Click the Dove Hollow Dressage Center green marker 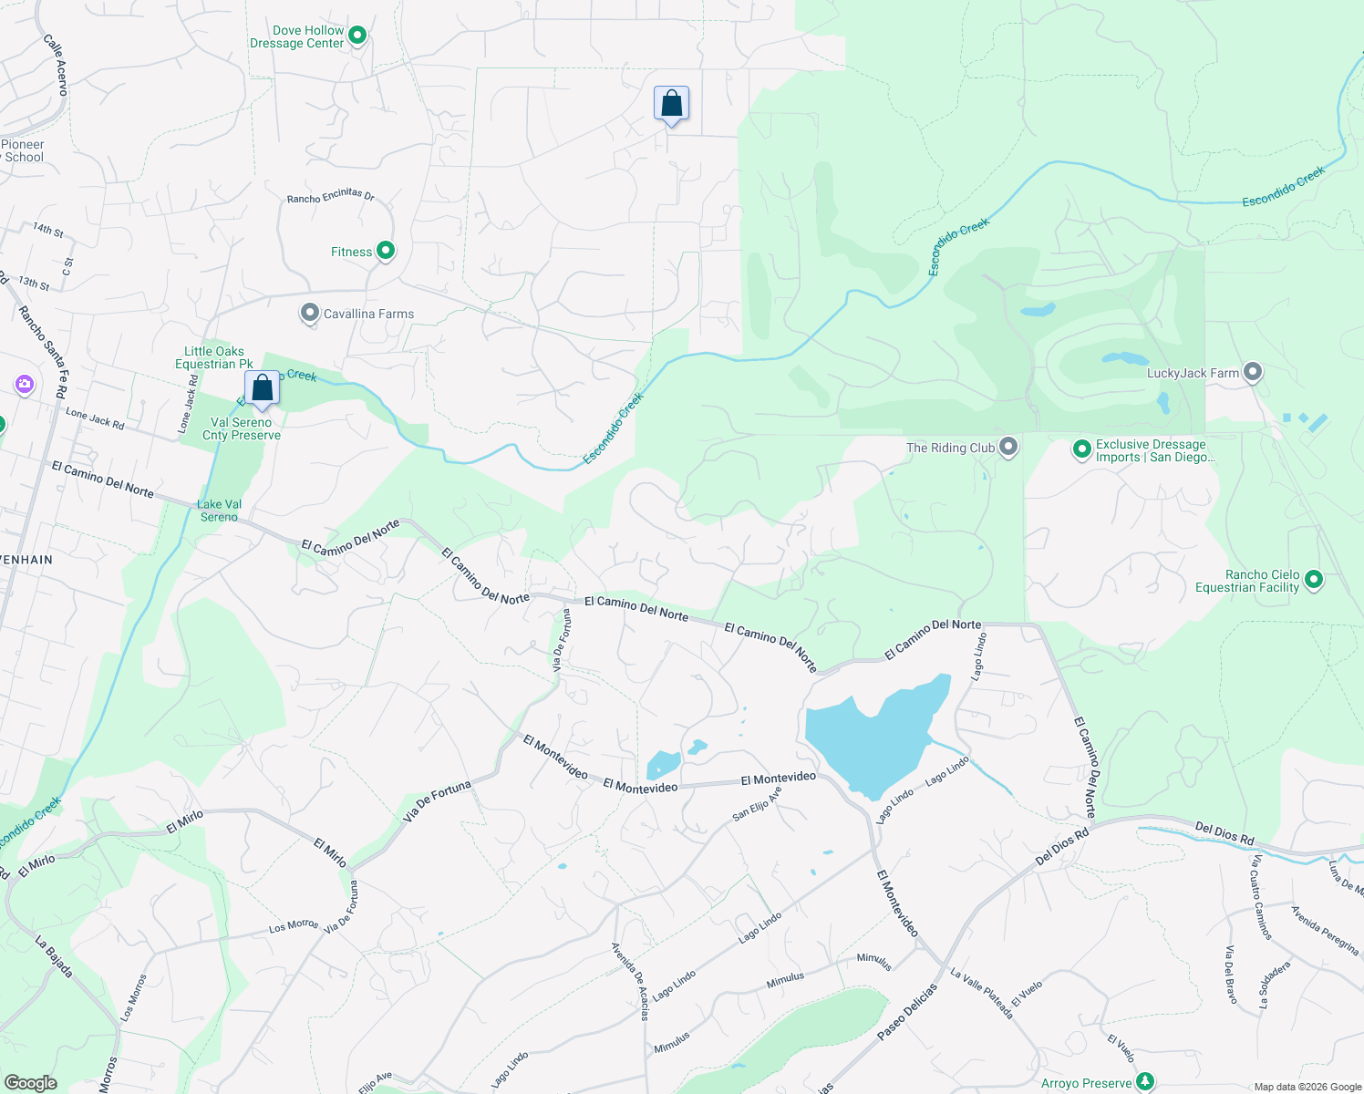pyautogui.click(x=357, y=36)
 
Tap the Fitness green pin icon pyautogui.click(x=386, y=251)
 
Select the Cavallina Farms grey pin pyautogui.click(x=310, y=314)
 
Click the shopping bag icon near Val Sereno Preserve pyautogui.click(x=262, y=388)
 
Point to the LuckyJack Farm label pyautogui.click(x=1193, y=373)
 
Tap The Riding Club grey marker pyautogui.click(x=1008, y=447)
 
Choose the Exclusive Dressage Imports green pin pyautogui.click(x=1081, y=449)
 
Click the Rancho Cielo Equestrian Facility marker pyautogui.click(x=1314, y=579)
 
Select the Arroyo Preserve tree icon pyautogui.click(x=1146, y=1083)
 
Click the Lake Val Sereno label pyautogui.click(x=220, y=511)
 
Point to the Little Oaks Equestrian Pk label pyautogui.click(x=214, y=357)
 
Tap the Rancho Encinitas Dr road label pyautogui.click(x=330, y=196)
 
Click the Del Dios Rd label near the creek pyautogui.click(x=1224, y=833)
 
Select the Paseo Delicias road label pyautogui.click(x=906, y=1012)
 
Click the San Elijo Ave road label pyautogui.click(x=757, y=804)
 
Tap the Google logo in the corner pyautogui.click(x=30, y=1083)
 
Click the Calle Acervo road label pyautogui.click(x=56, y=65)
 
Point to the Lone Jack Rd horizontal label pyautogui.click(x=95, y=418)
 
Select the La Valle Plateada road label pyautogui.click(x=981, y=993)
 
